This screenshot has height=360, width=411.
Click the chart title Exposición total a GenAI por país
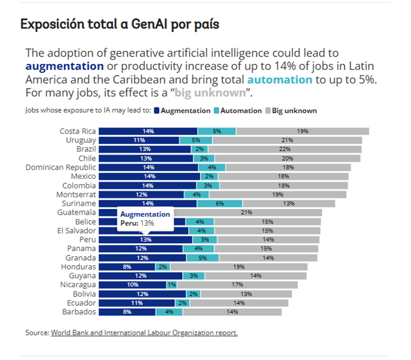click(x=120, y=25)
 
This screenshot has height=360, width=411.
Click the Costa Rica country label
click(x=78, y=131)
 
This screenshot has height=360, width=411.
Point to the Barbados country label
click(x=79, y=312)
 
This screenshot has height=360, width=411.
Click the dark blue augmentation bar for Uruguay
click(x=139, y=140)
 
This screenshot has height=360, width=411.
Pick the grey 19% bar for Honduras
click(x=238, y=267)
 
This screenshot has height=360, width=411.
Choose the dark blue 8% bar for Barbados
click(x=127, y=312)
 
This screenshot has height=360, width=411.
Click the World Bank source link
click(x=144, y=333)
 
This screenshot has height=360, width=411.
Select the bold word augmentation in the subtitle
click(x=65, y=66)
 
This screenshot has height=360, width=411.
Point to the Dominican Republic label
click(x=61, y=167)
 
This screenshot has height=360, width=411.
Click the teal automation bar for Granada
click(x=203, y=258)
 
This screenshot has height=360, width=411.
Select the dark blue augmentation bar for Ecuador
click(x=137, y=303)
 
